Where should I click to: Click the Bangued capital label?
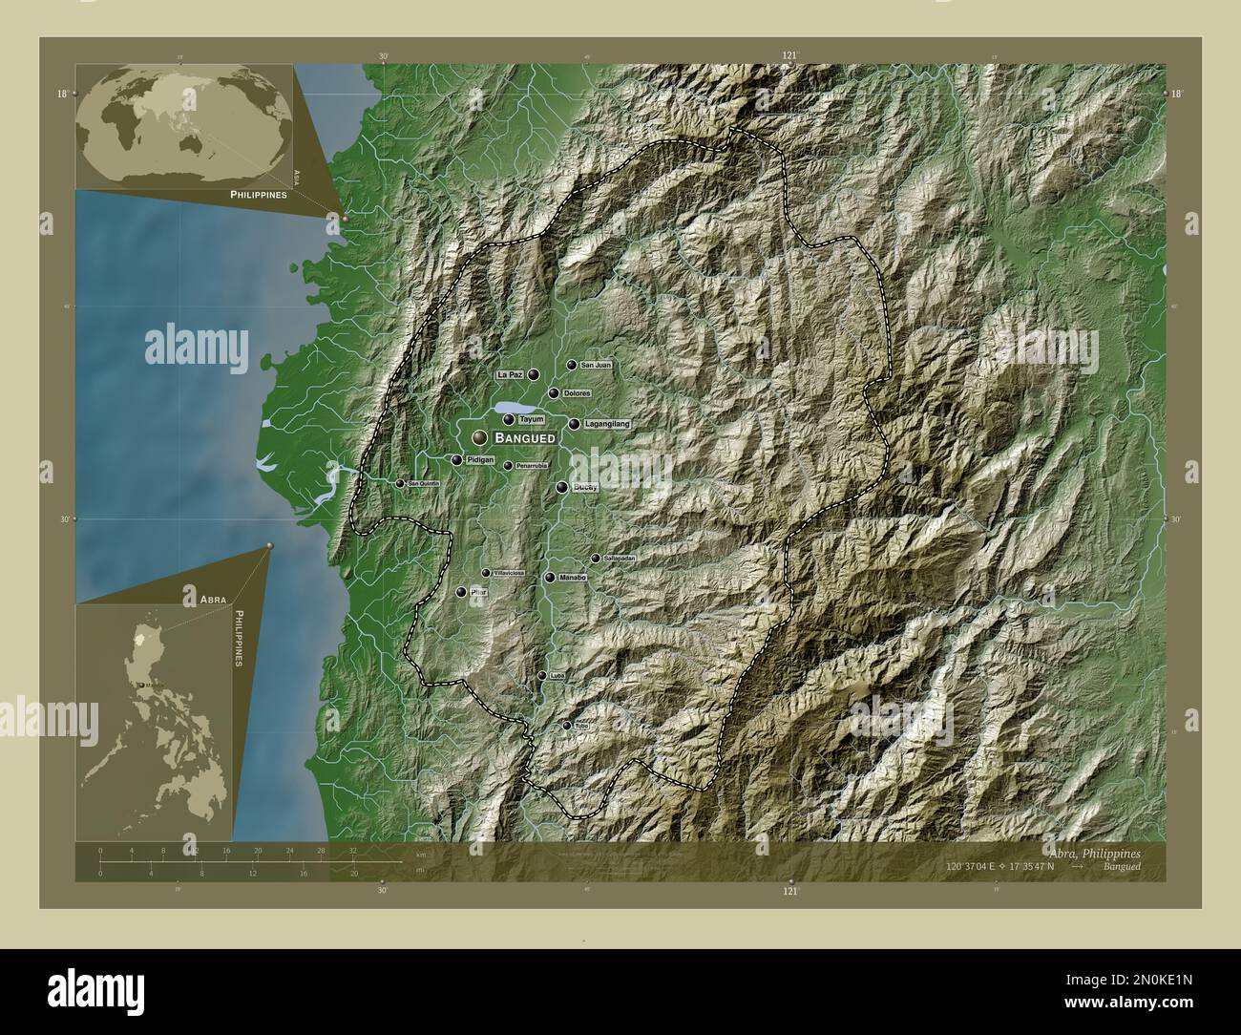point(525,437)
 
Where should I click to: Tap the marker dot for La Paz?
point(534,375)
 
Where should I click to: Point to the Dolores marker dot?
point(554,393)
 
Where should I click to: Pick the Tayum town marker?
point(509,419)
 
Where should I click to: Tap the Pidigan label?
point(480,460)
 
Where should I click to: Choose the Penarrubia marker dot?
point(508,466)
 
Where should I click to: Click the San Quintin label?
point(423,484)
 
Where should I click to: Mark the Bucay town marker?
point(562,487)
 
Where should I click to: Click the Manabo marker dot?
point(549,578)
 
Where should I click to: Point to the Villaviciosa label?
point(508,573)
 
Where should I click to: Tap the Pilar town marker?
point(462,593)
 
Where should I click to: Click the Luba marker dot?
point(541,676)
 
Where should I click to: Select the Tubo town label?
point(580,726)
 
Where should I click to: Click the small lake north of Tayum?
point(506,408)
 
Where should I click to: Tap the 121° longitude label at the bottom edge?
point(790,891)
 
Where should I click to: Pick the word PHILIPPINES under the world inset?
point(259,193)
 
